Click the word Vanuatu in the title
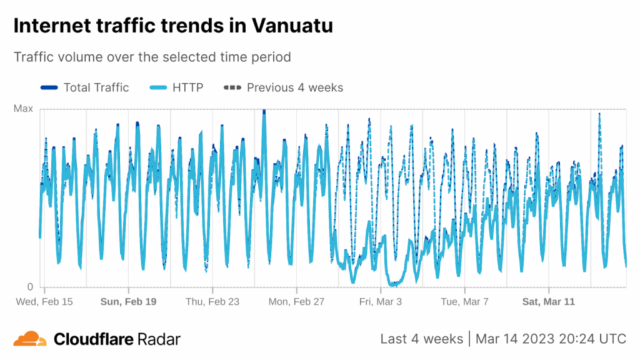tap(292, 26)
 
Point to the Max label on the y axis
tap(23, 109)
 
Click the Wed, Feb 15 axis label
tap(44, 302)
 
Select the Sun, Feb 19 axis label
tap(128, 302)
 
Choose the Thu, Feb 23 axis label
tap(212, 302)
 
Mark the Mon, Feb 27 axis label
tap(296, 302)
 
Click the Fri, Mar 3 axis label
tap(381, 302)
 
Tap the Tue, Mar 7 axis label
tap(464, 302)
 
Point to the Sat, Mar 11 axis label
tap(548, 302)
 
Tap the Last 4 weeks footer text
tap(421, 339)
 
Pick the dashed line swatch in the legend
tap(232, 87)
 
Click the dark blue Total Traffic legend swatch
tap(49, 87)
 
